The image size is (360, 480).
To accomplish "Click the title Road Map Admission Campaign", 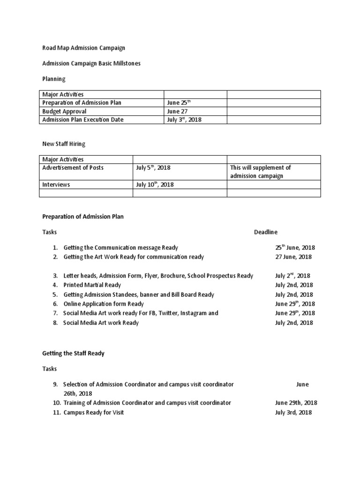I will click(x=83, y=48).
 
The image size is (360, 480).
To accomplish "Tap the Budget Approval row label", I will click(x=64, y=112).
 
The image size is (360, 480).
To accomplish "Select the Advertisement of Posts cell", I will click(x=73, y=168).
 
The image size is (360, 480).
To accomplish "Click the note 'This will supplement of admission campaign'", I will click(x=260, y=172).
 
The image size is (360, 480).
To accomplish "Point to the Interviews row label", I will click(x=56, y=185).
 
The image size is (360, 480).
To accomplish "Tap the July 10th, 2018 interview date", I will click(x=155, y=185).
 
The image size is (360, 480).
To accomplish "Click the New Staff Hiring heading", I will click(x=64, y=144).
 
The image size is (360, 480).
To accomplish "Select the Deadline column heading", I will click(x=266, y=232).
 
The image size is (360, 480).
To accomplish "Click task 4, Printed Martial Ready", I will click(x=92, y=285).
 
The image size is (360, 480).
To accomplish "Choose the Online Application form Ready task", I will click(x=104, y=304).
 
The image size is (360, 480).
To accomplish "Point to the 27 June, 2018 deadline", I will click(x=293, y=257).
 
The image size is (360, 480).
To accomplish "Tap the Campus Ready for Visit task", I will click(x=93, y=412).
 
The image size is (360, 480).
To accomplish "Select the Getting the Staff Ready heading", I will click(x=73, y=353).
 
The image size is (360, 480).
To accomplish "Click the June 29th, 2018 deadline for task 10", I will click(x=296, y=403).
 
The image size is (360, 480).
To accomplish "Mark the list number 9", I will click(x=55, y=384).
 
